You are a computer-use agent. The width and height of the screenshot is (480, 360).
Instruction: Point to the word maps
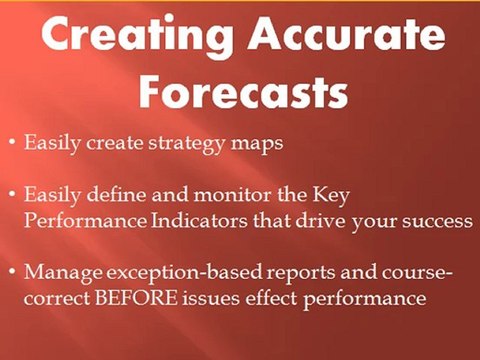tap(256, 144)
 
